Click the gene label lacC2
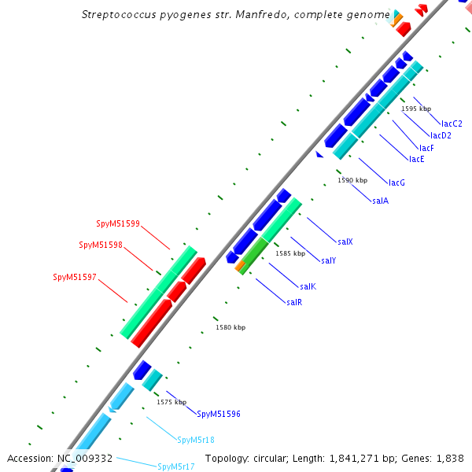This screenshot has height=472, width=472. [x=452, y=124]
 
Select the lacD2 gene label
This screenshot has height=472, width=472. [x=441, y=135]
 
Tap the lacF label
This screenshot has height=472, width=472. [x=426, y=148]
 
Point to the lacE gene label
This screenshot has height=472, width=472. [x=417, y=159]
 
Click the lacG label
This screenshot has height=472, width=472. [x=396, y=183]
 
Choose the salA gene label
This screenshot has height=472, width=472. [x=380, y=201]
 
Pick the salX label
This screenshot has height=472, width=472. [x=345, y=242]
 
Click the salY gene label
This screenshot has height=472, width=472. [x=329, y=260]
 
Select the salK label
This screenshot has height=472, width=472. [x=308, y=286]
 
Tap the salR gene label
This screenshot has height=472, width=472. [x=294, y=302]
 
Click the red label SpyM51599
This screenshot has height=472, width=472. [x=118, y=223]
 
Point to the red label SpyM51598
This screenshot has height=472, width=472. [x=101, y=245]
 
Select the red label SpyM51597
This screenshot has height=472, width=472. [x=75, y=277]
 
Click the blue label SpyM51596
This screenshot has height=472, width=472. [x=219, y=414]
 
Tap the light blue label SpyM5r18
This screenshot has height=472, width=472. [x=196, y=440]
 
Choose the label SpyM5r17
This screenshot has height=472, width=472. [x=176, y=466]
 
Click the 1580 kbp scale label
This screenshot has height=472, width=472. [x=230, y=327]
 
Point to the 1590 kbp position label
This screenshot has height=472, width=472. [x=352, y=180]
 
